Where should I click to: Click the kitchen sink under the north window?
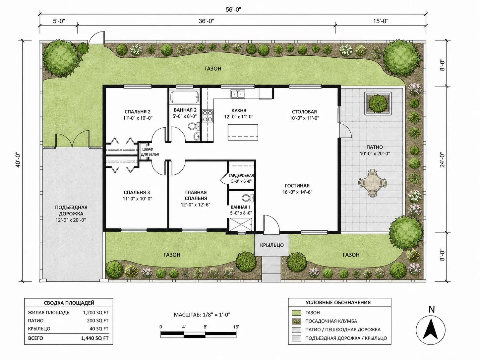tap(237, 94)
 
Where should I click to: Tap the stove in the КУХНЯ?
tap(207, 116)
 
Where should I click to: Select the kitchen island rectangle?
tap(243, 133)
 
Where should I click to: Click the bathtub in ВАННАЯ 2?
tap(185, 96)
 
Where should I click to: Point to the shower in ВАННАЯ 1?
tap(240, 224)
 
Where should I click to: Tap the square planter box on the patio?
tap(378, 103)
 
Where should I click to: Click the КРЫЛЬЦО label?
tap(272, 245)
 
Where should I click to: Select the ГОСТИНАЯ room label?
tap(297, 186)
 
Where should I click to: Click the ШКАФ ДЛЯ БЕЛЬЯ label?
tap(150, 152)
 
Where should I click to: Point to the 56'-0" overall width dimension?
tap(233, 9)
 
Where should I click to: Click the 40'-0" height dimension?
tap(18, 161)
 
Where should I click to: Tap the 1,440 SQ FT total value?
tap(95, 338)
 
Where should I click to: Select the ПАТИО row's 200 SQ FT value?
tap(97, 321)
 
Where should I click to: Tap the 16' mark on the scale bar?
tap(236, 327)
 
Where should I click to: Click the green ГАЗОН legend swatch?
tap(297, 313)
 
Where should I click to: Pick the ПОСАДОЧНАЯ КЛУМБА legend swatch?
tap(297, 321)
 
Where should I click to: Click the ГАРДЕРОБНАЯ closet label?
tap(241, 175)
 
